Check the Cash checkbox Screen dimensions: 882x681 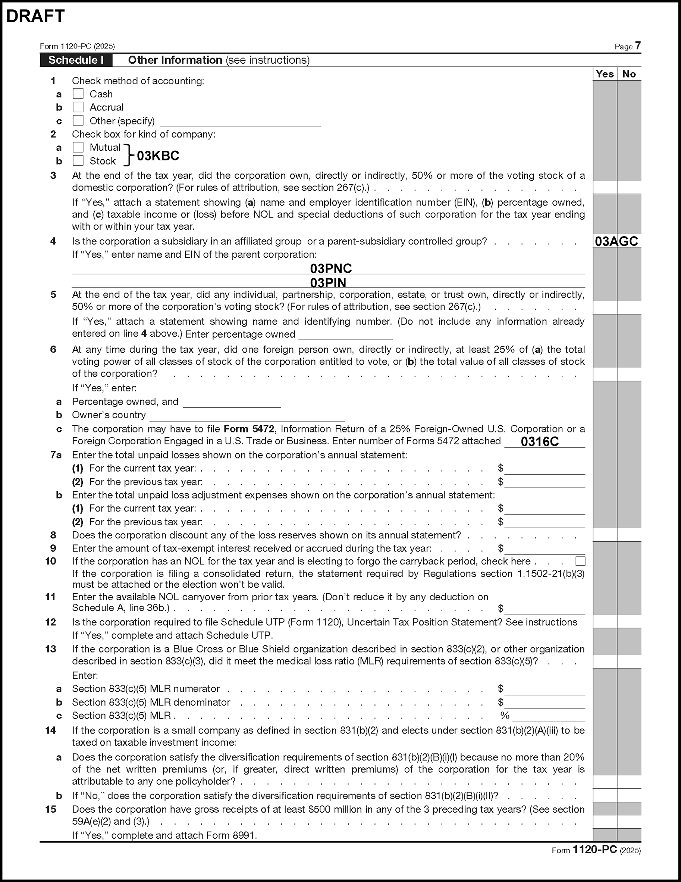(78, 94)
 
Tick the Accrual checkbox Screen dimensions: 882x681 (78, 107)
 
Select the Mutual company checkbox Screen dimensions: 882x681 (78, 147)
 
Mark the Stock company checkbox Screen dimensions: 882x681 (78, 161)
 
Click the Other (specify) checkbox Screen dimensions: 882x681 (78, 121)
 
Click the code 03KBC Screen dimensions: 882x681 (158, 156)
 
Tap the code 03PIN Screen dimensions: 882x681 (328, 282)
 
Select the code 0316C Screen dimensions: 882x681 (540, 442)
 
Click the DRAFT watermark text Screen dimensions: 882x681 (35, 16)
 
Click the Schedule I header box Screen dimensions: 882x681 (76, 60)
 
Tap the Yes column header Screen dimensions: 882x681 (604, 74)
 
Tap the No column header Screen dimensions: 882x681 (629, 74)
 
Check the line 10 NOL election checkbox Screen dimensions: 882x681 (580, 561)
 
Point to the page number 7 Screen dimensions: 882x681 (637, 46)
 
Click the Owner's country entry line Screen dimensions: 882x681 (247, 416)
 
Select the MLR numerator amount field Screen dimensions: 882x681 (544, 689)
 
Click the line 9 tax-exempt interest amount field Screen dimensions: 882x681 (544, 549)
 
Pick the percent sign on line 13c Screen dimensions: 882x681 (505, 716)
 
